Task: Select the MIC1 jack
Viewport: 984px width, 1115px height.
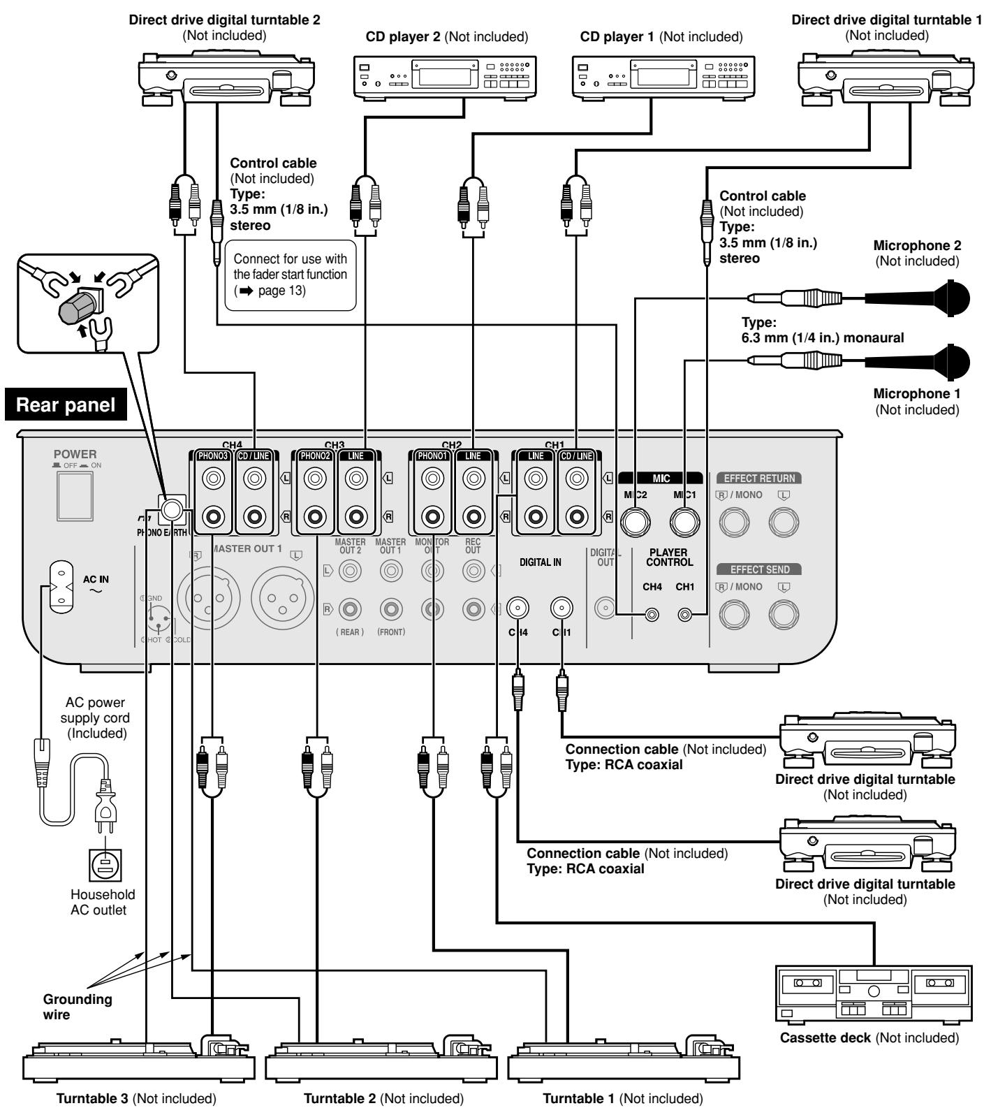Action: tap(685, 520)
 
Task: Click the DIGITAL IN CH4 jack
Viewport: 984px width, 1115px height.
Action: tap(517, 608)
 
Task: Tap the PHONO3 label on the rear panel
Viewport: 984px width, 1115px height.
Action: tap(210, 456)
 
